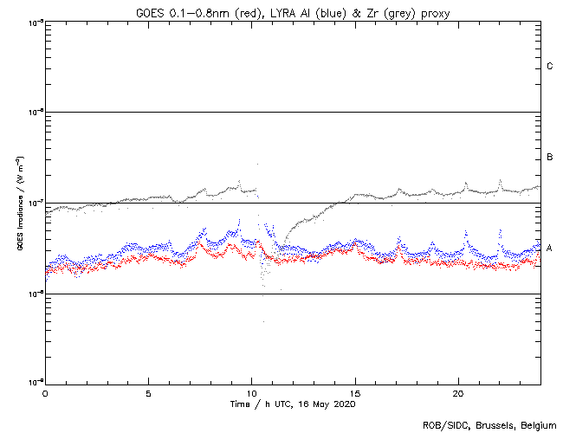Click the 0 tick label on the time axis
(x=45, y=392)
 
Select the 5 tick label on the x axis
(x=148, y=392)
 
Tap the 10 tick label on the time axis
(x=252, y=392)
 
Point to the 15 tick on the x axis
(x=355, y=392)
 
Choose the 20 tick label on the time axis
(x=459, y=392)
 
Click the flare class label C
(x=549, y=67)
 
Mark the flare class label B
(x=549, y=158)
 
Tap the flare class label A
(x=549, y=249)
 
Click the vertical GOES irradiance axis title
(x=18, y=204)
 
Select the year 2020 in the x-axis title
(x=342, y=404)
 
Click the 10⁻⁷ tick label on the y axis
(x=35, y=203)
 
